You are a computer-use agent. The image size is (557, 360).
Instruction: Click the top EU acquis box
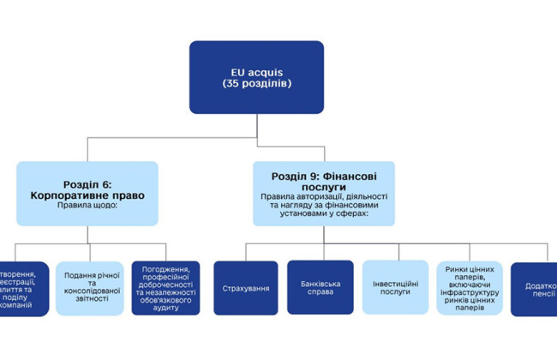coord(256,77)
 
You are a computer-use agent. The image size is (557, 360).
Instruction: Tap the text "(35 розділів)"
coord(256,85)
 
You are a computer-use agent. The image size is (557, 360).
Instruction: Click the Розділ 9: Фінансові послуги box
coord(324,194)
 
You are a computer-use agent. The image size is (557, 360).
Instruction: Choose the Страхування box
coord(245,288)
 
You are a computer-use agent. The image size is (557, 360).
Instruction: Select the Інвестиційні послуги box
coord(394,287)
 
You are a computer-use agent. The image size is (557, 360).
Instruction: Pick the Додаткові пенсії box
coord(535,288)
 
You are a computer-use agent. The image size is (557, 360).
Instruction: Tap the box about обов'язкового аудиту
coord(165,288)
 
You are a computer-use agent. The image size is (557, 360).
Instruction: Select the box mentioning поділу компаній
coord(21,288)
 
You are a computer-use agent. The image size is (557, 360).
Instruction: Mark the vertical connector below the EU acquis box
coord(256,126)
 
